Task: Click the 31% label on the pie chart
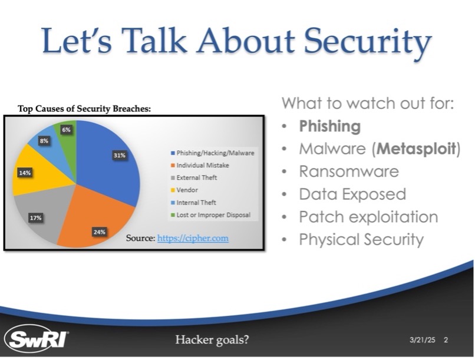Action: (120, 156)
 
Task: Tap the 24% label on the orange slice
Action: (100, 232)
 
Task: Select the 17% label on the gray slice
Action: (35, 217)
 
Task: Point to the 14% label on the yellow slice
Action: (25, 173)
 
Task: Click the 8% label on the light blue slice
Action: (44, 141)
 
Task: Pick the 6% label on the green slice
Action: (67, 130)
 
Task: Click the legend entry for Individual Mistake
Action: (200, 166)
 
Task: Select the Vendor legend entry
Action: (184, 190)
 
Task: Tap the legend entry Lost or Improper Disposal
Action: (210, 215)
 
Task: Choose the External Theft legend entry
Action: (194, 178)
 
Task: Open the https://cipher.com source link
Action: (193, 238)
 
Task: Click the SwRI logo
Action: (37, 339)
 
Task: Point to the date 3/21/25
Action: (423, 340)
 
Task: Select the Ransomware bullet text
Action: (349, 171)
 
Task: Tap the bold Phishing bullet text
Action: (330, 126)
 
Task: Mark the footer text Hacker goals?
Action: (212, 340)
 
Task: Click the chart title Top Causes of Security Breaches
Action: (84, 108)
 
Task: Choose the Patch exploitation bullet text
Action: (369, 217)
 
